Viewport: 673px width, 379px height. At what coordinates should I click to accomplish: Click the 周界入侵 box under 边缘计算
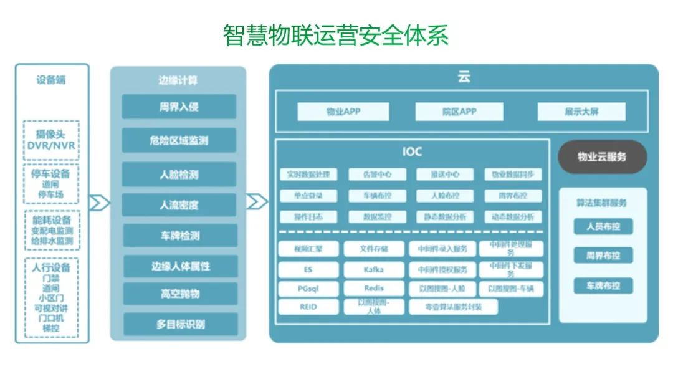pos(179,107)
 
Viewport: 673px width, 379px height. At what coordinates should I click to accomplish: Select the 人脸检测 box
pos(179,175)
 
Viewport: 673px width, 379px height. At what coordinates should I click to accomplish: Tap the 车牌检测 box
pos(179,236)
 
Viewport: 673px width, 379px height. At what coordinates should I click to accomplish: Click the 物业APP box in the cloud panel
pos(343,112)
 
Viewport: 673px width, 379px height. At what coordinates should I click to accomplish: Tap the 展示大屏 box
pos(581,112)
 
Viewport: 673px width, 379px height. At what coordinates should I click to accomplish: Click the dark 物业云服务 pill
pos(602,156)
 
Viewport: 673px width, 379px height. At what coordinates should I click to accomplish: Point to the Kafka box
pos(374,269)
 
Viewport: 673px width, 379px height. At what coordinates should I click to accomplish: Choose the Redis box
pos(374,289)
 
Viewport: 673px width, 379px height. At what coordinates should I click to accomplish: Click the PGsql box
pos(308,289)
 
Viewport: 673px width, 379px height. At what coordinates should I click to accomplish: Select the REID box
pos(308,307)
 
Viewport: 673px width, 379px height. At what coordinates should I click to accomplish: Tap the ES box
pos(308,269)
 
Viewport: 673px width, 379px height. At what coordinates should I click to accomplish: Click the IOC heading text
pos(412,151)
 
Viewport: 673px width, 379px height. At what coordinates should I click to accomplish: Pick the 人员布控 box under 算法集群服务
pos(603,226)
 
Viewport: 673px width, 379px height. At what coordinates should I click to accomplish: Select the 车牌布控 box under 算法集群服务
pos(603,286)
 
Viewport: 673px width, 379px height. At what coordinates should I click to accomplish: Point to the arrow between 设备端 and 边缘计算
pos(100,203)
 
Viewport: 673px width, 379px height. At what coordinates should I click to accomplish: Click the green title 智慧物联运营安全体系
pos(336,36)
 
